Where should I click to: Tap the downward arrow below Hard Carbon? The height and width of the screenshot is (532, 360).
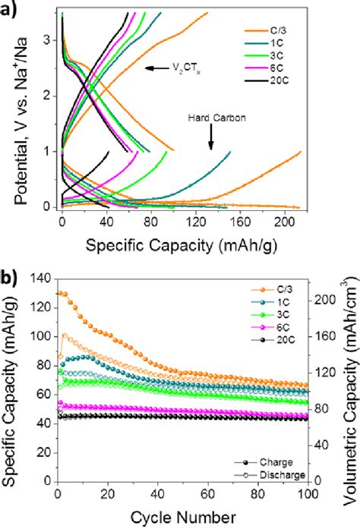tap(211, 137)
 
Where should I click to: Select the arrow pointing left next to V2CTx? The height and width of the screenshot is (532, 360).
tap(156, 68)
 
